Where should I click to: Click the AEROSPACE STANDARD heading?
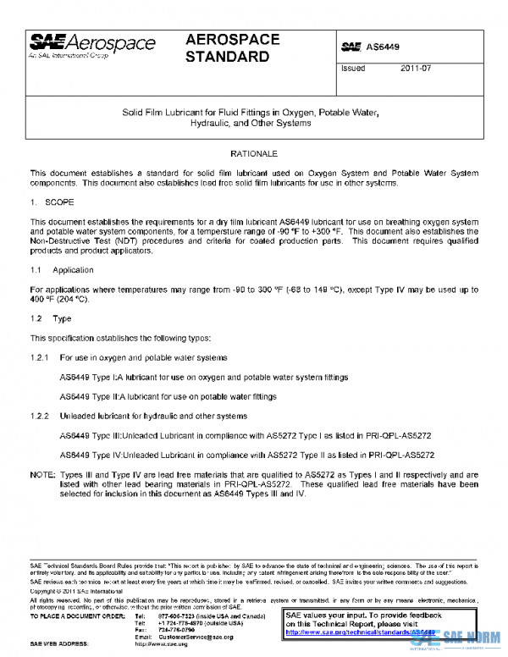click(228, 48)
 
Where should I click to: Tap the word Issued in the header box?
click(352, 69)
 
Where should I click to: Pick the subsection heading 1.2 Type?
click(51, 318)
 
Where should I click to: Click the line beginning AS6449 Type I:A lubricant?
click(203, 377)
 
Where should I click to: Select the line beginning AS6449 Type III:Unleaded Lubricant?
click(246, 434)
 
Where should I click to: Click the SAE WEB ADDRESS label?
click(62, 643)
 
